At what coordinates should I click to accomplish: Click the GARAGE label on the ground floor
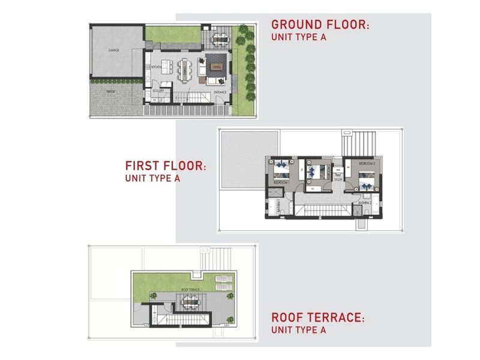[x=113, y=50]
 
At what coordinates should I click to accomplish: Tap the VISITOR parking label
[x=111, y=91]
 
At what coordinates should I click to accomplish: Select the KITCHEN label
[x=155, y=67]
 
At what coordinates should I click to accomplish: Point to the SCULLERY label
[x=158, y=91]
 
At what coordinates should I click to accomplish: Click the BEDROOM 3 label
[x=367, y=163]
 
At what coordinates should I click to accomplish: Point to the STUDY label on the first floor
[x=338, y=178]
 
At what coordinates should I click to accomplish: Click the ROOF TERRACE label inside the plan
[x=191, y=290]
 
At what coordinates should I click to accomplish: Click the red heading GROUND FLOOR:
[x=320, y=25]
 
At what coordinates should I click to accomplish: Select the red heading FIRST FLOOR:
[x=166, y=166]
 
